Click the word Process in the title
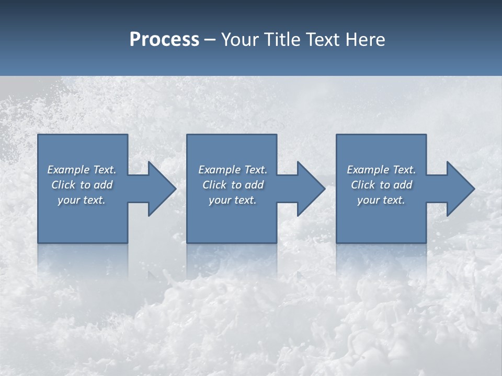tap(164, 40)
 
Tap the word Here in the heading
tap(366, 40)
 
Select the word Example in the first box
tap(69, 170)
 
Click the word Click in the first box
tap(63, 185)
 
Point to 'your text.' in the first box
tap(82, 201)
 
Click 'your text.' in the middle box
tap(233, 201)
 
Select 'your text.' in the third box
tap(381, 201)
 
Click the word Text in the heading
tap(321, 40)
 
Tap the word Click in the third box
tap(363, 185)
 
